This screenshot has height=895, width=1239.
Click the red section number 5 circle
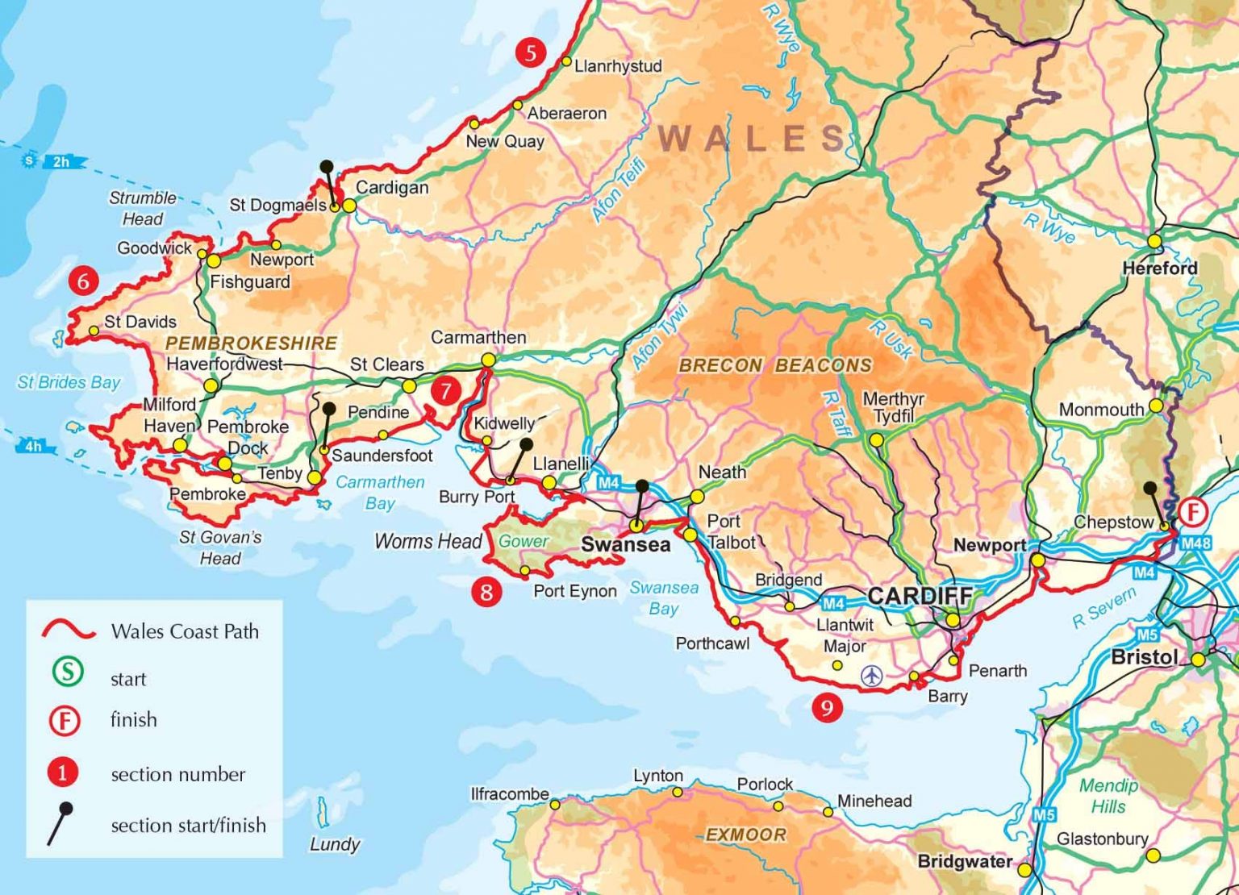point(530,53)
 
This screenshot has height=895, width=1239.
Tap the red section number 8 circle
point(486,593)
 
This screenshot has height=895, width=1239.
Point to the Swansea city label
point(625,545)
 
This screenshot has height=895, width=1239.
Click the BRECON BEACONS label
point(774,365)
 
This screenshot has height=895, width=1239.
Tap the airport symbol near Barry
point(871,675)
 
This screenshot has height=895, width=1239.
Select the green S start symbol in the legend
point(68,671)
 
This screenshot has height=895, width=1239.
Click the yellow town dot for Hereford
point(1155,241)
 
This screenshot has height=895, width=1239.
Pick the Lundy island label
point(334,844)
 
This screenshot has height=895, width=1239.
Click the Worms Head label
point(428,541)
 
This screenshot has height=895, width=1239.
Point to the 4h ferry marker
point(33,446)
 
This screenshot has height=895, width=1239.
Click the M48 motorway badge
point(1195,543)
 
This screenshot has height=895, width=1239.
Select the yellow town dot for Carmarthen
point(487,360)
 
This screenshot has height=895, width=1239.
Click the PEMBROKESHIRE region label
point(251,343)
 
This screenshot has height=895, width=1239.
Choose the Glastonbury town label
point(1102,839)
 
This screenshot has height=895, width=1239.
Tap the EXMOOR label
point(745,835)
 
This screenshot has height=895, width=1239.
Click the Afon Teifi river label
point(619,190)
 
